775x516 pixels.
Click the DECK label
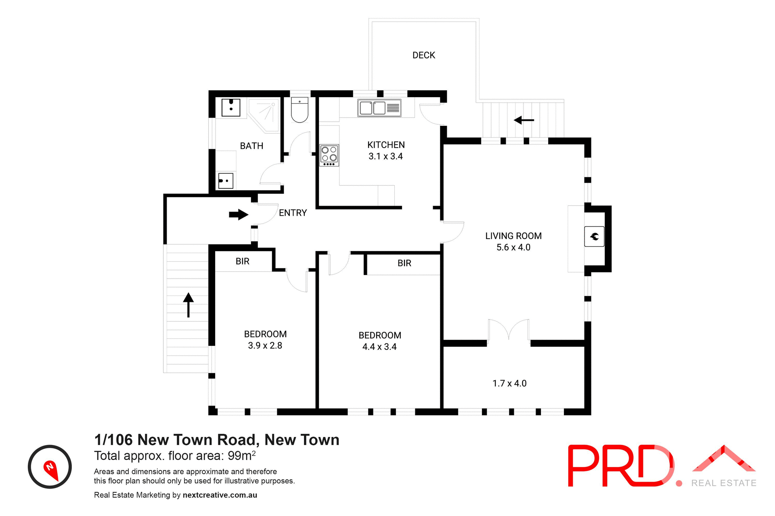423,55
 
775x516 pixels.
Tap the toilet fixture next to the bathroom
300,110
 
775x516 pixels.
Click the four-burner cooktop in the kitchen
329,155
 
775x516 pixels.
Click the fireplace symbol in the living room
594,237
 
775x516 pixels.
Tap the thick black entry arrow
239,214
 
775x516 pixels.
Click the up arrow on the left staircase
189,304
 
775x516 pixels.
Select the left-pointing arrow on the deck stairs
524,120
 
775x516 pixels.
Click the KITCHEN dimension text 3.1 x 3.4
385,156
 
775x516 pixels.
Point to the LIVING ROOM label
513,236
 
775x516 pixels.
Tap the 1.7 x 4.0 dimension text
509,383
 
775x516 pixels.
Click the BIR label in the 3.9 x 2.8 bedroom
243,261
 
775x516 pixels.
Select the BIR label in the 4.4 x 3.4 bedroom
404,263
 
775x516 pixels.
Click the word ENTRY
293,213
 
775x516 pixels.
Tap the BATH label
251,146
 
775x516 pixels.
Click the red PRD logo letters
620,466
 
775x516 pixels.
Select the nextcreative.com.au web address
220,495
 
